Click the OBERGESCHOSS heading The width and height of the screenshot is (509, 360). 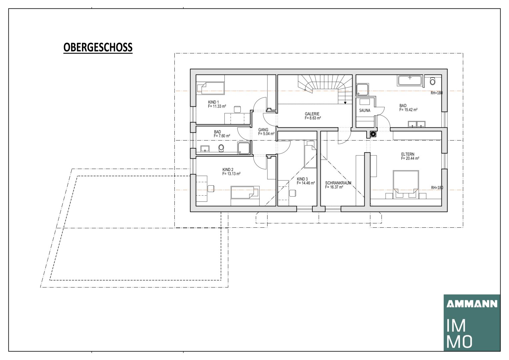[x=98, y=47]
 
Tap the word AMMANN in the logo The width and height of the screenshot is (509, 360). [x=472, y=304]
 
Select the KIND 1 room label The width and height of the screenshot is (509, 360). [x=213, y=102]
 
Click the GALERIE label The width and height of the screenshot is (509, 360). [x=312, y=114]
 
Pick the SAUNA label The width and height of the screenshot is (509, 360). [x=365, y=110]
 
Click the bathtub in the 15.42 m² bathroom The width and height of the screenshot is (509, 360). [x=409, y=80]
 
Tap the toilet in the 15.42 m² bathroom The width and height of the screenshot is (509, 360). [x=432, y=81]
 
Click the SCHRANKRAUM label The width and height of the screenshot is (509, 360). [x=338, y=183]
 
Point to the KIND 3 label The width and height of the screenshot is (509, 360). [x=302, y=179]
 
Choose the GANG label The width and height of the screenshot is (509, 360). [x=263, y=130]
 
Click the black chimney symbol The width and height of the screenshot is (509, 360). [x=373, y=134]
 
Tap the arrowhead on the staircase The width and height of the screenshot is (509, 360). [x=345, y=103]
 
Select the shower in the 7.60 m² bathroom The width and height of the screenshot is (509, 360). [x=244, y=148]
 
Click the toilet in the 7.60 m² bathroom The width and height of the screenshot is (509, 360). [x=221, y=148]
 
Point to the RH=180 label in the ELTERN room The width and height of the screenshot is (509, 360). [x=437, y=188]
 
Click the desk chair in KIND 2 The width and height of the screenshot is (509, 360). [x=211, y=189]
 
